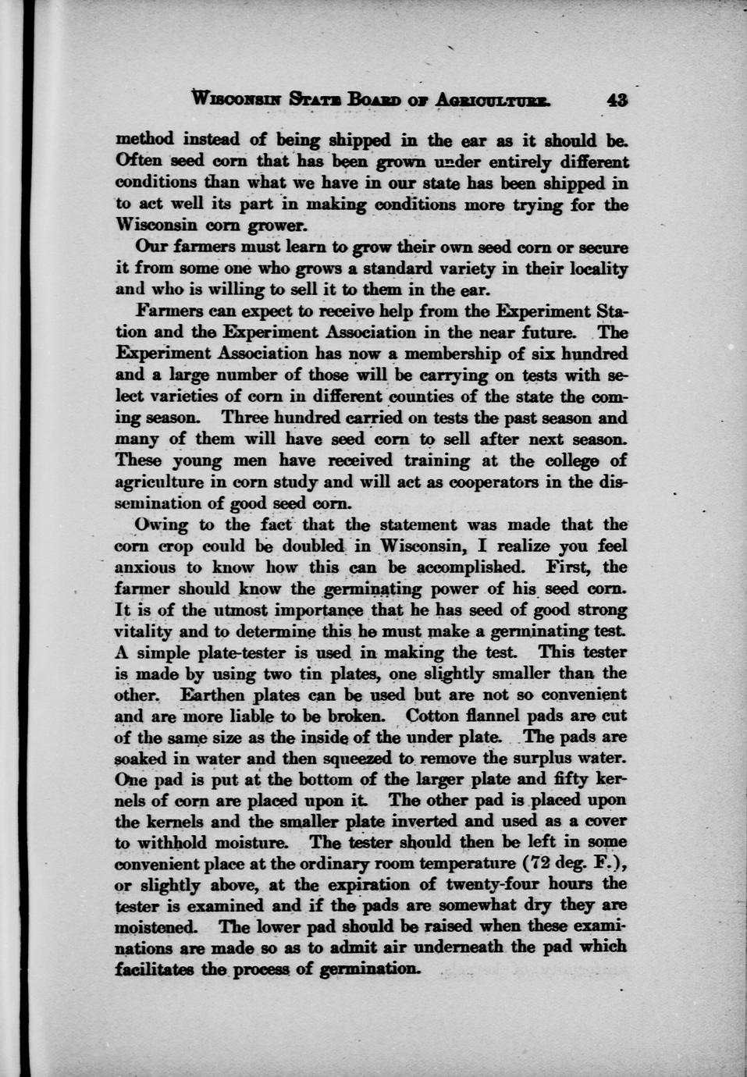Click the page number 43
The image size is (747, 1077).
616,100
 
